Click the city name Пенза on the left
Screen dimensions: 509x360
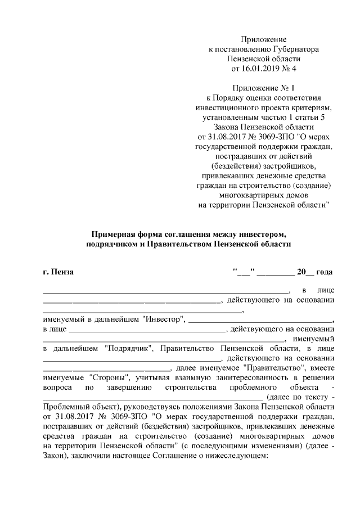64,272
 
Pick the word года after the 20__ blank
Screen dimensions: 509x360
324,272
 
